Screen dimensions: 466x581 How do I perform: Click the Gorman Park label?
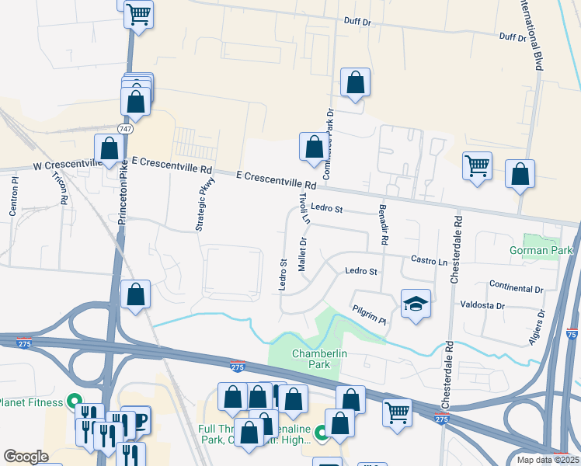click(541, 250)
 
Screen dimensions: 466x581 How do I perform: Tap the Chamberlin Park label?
click(318, 360)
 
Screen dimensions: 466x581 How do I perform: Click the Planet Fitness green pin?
click(74, 402)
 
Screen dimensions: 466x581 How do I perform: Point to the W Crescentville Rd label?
click(68, 166)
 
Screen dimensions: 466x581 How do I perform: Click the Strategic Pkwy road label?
click(204, 205)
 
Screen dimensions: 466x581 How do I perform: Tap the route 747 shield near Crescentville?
click(125, 127)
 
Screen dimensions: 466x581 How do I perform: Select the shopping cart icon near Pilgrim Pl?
click(397, 412)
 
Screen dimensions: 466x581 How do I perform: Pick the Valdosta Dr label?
click(482, 305)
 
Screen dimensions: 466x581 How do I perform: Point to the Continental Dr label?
click(517, 288)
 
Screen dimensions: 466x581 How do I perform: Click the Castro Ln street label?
click(429, 261)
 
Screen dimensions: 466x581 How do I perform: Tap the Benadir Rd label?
click(383, 225)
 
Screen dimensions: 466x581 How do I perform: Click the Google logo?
click(26, 457)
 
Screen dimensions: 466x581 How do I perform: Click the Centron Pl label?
click(14, 196)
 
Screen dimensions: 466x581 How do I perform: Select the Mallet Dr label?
click(304, 253)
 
